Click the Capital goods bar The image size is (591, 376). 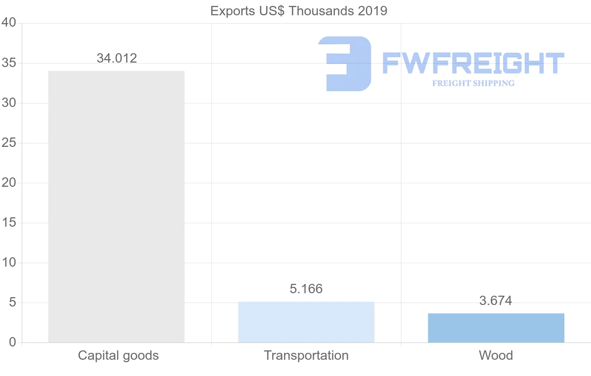click(x=116, y=206)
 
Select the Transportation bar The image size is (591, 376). click(x=306, y=322)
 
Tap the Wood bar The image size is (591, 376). click(x=496, y=328)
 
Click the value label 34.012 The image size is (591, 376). click(x=117, y=58)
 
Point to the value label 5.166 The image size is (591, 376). click(x=306, y=289)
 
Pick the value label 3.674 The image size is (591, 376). click(x=495, y=301)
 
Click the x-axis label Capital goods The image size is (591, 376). click(x=118, y=355)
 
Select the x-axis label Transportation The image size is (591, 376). click(x=306, y=355)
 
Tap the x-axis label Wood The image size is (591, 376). click(x=495, y=355)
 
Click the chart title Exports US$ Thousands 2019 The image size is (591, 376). click(x=298, y=11)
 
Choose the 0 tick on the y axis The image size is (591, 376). click(x=12, y=342)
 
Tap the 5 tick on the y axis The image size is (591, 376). click(x=12, y=303)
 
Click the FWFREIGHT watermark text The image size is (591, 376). click(x=473, y=64)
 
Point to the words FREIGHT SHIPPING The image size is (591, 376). click(x=473, y=83)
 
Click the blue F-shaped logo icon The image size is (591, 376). click(x=345, y=64)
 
